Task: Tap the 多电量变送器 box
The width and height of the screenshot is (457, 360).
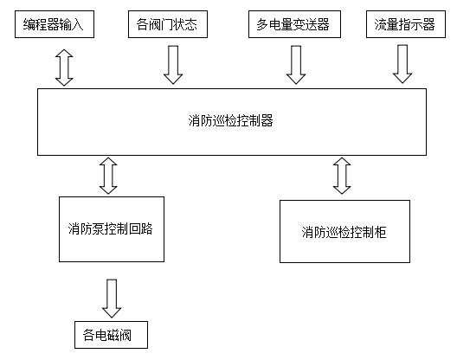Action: [x=294, y=24]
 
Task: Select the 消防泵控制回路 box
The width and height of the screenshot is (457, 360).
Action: [x=110, y=229]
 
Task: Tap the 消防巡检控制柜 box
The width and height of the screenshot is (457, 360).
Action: [x=344, y=232]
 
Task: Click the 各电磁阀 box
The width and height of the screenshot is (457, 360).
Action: [x=110, y=333]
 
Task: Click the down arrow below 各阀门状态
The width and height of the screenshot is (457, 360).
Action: [x=173, y=65]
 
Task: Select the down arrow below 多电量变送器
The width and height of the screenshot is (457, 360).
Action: [x=296, y=65]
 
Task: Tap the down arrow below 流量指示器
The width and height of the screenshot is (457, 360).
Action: [x=402, y=65]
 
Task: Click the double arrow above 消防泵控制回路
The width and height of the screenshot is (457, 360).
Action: [x=109, y=176]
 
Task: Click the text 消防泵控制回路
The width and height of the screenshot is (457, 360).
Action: [x=110, y=229]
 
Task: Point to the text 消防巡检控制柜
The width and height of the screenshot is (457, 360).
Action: [x=344, y=232]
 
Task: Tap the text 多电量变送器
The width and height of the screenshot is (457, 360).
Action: [x=294, y=24]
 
